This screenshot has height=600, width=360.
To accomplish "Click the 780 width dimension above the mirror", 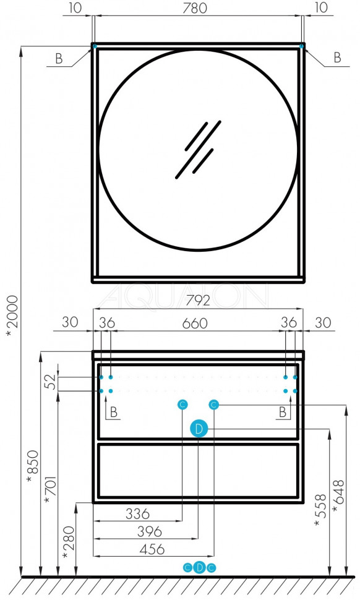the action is (x=195, y=8).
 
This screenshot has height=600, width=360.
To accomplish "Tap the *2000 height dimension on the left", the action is (x=12, y=317).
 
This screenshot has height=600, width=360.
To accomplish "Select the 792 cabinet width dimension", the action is (x=199, y=301).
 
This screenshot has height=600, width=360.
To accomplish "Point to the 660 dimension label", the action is (x=195, y=324).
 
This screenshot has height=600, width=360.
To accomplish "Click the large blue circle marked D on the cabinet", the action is (x=199, y=429).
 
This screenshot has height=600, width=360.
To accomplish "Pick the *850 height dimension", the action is (x=33, y=467).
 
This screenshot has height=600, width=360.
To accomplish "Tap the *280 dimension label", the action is (x=69, y=543).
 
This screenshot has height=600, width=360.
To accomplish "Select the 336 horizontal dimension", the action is (x=137, y=513).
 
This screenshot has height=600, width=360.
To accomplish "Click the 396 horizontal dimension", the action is (x=150, y=531).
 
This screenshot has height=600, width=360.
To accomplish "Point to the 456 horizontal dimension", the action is (x=152, y=549).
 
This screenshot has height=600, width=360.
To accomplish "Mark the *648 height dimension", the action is (x=338, y=496).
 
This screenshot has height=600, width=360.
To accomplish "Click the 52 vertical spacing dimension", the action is (x=51, y=382).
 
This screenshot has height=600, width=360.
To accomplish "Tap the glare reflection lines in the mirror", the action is (x=199, y=150).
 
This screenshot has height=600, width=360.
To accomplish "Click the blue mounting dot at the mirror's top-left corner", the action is (x=95, y=46).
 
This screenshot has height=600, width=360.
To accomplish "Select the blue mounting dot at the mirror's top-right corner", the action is (x=301, y=46).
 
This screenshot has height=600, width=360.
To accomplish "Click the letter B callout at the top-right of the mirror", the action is (x=337, y=58).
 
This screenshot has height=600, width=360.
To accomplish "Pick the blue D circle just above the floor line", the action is (x=199, y=568).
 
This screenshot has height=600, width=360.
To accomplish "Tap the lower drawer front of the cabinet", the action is (x=198, y=471).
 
